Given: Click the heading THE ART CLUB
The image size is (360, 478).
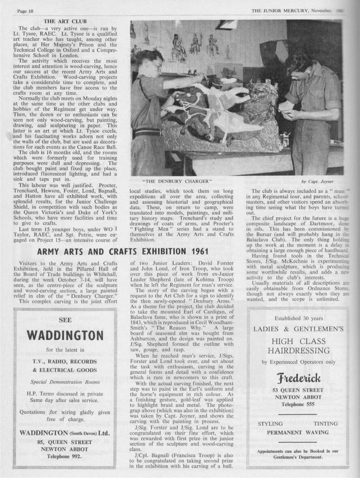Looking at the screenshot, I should (x=65, y=21).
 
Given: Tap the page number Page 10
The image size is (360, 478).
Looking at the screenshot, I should (x=25, y=11).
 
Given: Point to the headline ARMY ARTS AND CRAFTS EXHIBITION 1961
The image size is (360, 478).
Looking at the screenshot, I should (x=123, y=251).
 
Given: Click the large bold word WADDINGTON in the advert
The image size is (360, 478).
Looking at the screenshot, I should (x=65, y=335).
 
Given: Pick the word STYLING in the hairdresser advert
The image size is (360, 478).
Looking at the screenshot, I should (x=270, y=424).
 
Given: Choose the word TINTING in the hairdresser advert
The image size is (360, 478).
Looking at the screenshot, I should (x=325, y=424).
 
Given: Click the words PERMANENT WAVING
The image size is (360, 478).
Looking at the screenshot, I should (x=298, y=432).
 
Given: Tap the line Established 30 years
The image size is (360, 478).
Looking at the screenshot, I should (x=298, y=318).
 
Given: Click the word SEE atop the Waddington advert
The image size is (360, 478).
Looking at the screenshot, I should (x=65, y=320).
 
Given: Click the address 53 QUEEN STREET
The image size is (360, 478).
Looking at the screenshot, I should (x=298, y=390).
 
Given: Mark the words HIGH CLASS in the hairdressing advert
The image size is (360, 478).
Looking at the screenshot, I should (x=298, y=341).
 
